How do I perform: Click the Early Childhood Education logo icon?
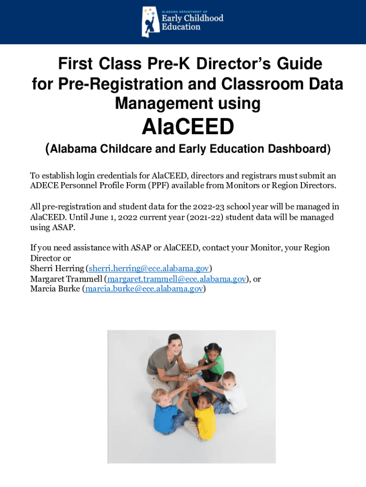pos(151,21)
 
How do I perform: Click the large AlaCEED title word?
pos(188,127)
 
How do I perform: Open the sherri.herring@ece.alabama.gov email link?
pos(149,268)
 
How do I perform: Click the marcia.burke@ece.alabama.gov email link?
pos(144,289)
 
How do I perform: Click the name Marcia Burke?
pos(55,289)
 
